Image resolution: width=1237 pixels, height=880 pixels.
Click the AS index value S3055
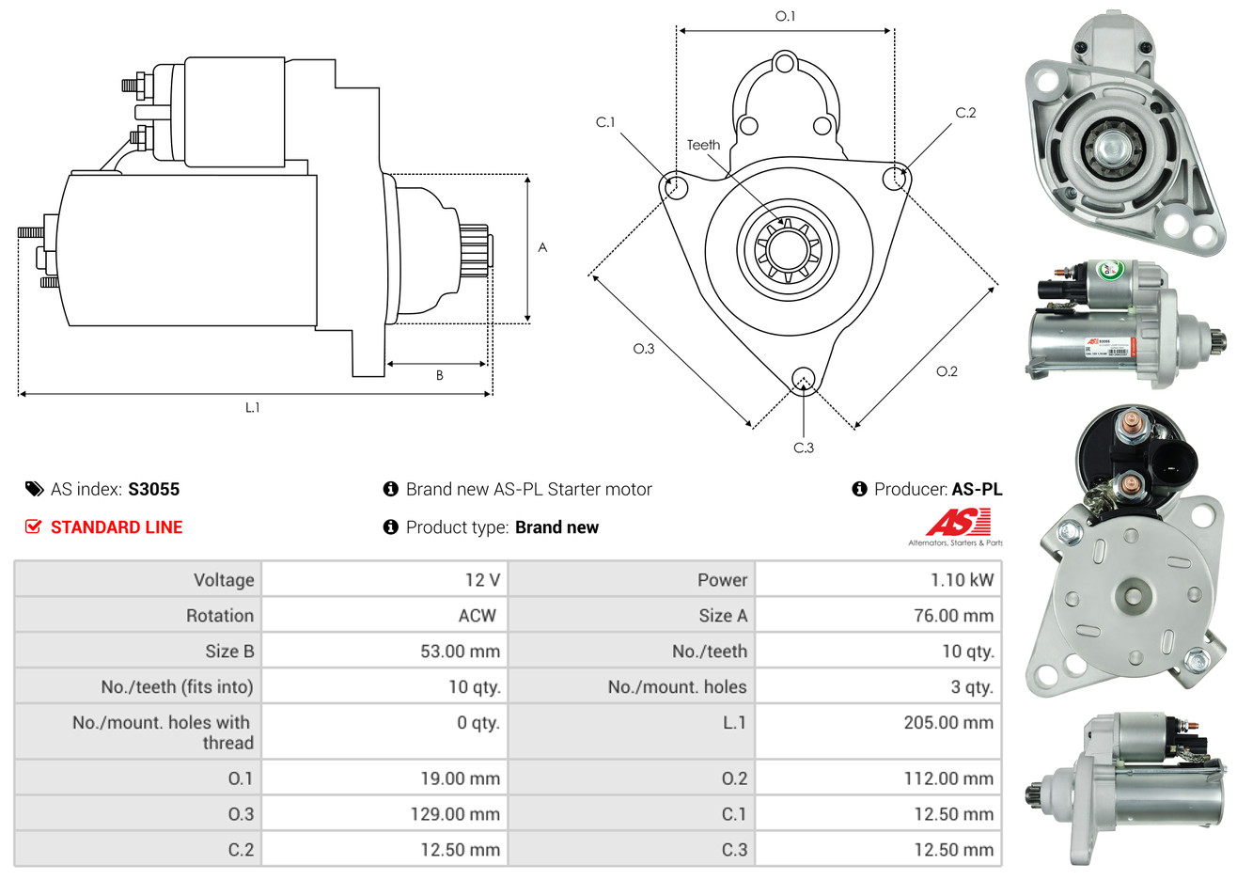pyautogui.click(x=153, y=489)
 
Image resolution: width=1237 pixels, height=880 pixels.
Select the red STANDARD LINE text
pyautogui.click(x=116, y=527)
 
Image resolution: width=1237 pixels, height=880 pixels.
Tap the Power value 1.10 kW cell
pyautogui.click(x=962, y=580)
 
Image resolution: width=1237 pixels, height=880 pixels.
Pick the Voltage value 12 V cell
pyautogui.click(x=482, y=580)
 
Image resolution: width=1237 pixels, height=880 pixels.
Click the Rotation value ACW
pyautogui.click(x=477, y=616)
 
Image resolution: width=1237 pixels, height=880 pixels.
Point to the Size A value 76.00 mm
pyautogui.click(x=953, y=616)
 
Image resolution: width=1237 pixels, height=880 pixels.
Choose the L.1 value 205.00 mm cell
pyautogui.click(x=948, y=723)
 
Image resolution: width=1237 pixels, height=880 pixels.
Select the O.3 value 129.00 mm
pyautogui.click(x=455, y=814)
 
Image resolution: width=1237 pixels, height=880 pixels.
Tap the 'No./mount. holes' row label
pyautogui.click(x=677, y=687)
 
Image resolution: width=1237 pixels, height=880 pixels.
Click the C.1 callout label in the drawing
pyautogui.click(x=605, y=122)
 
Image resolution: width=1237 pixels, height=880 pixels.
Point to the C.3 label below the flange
pyautogui.click(x=804, y=448)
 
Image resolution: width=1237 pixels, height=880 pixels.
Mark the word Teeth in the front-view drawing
pyautogui.click(x=703, y=145)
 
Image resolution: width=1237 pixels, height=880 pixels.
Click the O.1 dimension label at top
pyautogui.click(x=785, y=16)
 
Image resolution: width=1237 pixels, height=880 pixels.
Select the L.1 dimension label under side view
pyautogui.click(x=252, y=407)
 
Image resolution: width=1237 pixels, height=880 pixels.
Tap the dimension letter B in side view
pyautogui.click(x=439, y=375)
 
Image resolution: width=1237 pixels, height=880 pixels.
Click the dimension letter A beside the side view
pyautogui.click(x=542, y=247)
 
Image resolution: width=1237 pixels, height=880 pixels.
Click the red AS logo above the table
pyautogui.click(x=959, y=522)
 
